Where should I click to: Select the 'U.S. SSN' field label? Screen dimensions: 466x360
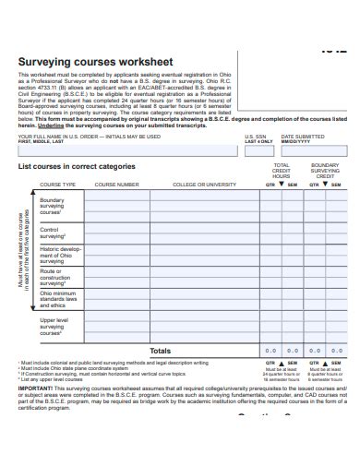click(255, 137)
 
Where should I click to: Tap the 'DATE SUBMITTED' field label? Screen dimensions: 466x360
click(302, 137)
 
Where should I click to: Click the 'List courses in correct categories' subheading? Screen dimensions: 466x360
click(78, 167)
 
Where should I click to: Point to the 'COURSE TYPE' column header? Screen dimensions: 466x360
click(57, 185)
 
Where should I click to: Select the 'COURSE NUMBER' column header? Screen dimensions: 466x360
click(117, 185)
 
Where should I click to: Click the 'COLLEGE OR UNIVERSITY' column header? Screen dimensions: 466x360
click(205, 185)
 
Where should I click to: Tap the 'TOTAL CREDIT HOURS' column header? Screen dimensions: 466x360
click(281, 171)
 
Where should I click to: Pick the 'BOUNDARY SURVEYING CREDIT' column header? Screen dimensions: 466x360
click(325, 171)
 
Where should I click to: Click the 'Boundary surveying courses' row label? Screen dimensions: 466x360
click(53, 206)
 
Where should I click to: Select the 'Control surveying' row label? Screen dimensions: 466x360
click(51, 233)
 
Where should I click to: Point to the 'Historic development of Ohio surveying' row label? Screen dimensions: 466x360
click(60, 255)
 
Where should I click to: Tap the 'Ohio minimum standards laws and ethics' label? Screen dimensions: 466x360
click(58, 300)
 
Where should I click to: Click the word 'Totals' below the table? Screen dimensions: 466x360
click(160, 351)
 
